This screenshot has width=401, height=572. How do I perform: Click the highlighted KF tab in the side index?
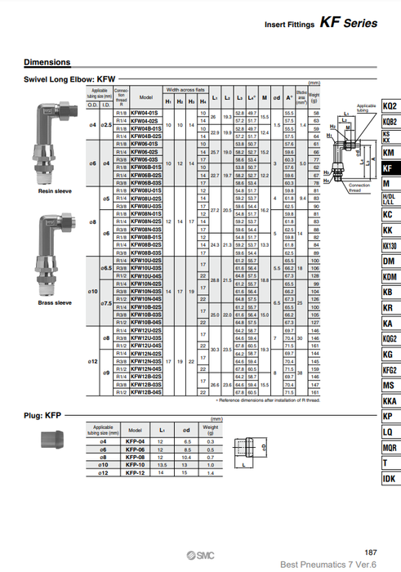pyautogui.click(x=389, y=168)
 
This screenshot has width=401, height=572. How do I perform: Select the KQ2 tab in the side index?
pyautogui.click(x=389, y=106)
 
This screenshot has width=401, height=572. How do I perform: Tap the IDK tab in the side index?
pyautogui.click(x=389, y=478)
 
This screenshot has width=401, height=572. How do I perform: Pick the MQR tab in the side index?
pyautogui.click(x=389, y=447)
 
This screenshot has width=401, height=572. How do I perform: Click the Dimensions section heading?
pyautogui.click(x=47, y=62)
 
